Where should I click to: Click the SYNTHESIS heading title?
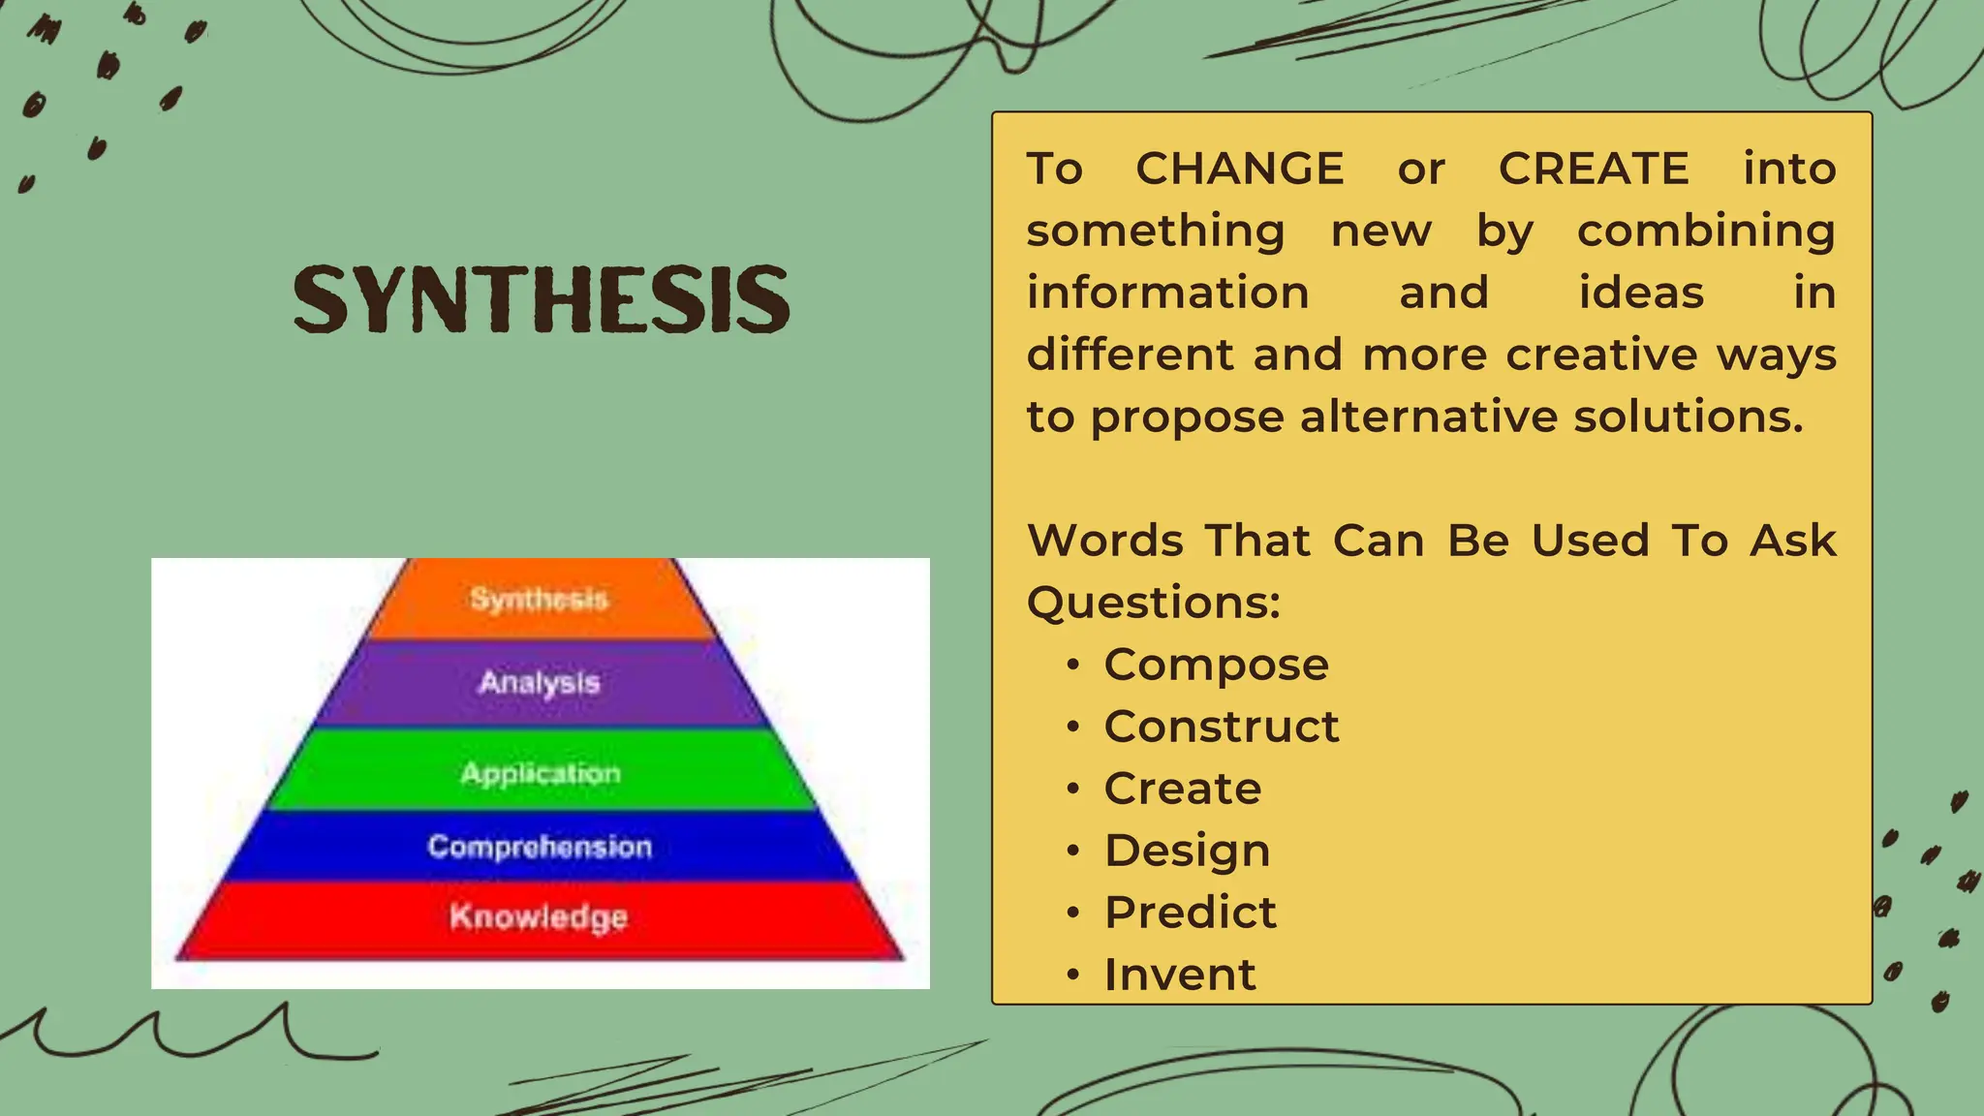(x=542, y=299)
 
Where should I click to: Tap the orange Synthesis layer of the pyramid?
(x=540, y=599)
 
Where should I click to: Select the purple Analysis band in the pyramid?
(x=540, y=683)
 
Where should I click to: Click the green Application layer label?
(x=541, y=773)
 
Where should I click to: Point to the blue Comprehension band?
(x=540, y=847)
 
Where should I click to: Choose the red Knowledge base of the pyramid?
(x=539, y=916)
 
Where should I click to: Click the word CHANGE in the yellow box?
(x=1239, y=169)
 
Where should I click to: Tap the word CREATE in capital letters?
(x=1594, y=169)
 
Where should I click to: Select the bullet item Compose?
(x=1216, y=665)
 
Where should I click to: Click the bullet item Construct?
(x=1222, y=727)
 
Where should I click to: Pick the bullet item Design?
(x=1187, y=851)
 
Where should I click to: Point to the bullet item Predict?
(x=1191, y=913)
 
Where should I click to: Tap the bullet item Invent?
(x=1180, y=975)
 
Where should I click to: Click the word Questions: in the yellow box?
(x=1153, y=604)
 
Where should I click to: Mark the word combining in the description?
(x=1705, y=232)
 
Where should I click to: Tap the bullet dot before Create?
(x=1072, y=789)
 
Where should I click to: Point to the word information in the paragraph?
(x=1167, y=293)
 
